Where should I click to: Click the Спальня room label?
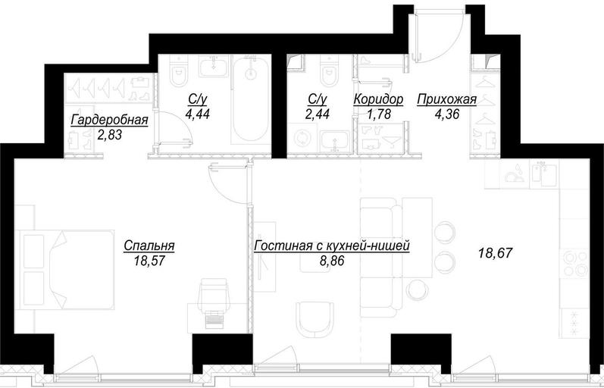point(149,246)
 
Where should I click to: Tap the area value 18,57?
point(149,261)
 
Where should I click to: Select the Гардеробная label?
point(109,120)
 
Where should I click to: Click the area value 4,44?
point(198,114)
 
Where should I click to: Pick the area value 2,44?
point(317,114)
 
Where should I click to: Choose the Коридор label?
point(378,99)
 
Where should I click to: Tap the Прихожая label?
point(447,99)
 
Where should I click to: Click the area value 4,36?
point(447,114)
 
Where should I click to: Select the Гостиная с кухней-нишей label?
point(332,246)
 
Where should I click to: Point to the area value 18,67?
point(495,253)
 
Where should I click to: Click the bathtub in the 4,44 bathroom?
point(251,100)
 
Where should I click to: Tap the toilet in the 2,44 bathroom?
point(328,71)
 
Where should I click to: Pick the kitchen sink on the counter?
point(544,174)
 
